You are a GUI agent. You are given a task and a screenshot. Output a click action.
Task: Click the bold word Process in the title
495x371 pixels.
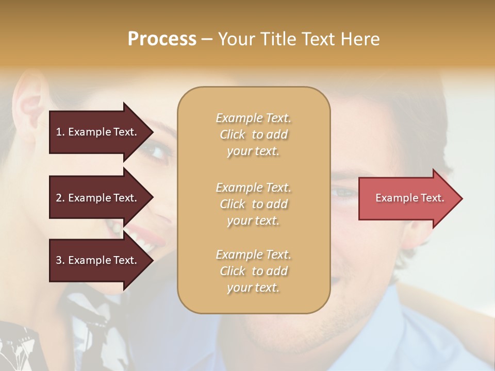(x=162, y=39)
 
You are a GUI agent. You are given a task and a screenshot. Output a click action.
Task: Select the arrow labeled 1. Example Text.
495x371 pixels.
(x=97, y=132)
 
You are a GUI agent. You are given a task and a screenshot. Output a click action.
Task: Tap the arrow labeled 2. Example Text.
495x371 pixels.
(x=97, y=198)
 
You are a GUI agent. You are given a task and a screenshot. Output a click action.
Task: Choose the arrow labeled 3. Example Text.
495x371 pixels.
(x=97, y=260)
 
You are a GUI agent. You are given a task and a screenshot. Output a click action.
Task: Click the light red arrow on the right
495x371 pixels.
(x=407, y=198)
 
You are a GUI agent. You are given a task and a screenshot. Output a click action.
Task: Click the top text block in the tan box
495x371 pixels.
(x=253, y=134)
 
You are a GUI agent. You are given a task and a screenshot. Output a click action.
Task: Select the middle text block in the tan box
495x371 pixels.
(x=253, y=204)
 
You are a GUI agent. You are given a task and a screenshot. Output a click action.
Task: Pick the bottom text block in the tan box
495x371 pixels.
(x=253, y=271)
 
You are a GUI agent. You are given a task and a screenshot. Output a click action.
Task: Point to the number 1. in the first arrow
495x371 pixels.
(x=60, y=132)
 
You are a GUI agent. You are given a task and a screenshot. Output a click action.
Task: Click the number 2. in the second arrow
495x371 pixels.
(x=60, y=198)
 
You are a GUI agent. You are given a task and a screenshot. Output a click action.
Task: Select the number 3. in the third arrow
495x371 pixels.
(x=60, y=260)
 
